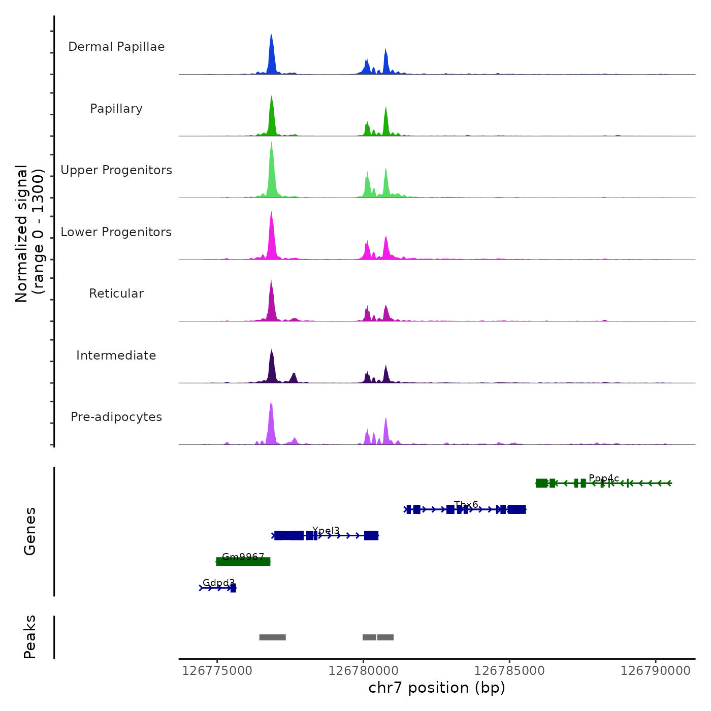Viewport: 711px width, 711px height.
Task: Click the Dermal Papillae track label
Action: pyautogui.click(x=116, y=47)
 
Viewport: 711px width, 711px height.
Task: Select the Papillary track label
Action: pyautogui.click(x=116, y=109)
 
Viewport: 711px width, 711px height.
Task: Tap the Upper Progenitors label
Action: pyautogui.click(x=116, y=170)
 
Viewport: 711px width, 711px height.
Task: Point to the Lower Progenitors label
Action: pyautogui.click(x=116, y=232)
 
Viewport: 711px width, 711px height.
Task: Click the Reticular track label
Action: pyautogui.click(x=116, y=294)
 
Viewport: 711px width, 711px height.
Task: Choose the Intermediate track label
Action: pyautogui.click(x=116, y=355)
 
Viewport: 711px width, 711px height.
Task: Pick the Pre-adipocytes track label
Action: pyautogui.click(x=116, y=417)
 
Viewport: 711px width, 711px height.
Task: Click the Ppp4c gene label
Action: pyautogui.click(x=604, y=478)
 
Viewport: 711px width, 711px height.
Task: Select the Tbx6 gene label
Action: pyautogui.click(x=466, y=505)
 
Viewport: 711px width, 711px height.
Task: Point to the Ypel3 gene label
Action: pyautogui.click(x=326, y=531)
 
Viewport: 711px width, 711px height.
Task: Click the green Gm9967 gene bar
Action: pyautogui.click(x=243, y=562)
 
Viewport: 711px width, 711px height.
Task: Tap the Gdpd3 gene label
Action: pyautogui.click(x=218, y=583)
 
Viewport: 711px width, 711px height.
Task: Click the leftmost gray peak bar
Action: pyautogui.click(x=273, y=637)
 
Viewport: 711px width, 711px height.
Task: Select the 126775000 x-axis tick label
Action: pyautogui.click(x=217, y=671)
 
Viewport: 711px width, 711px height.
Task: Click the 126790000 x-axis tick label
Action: pyautogui.click(x=655, y=671)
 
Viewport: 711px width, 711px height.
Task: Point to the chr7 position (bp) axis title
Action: pyautogui.click(x=437, y=688)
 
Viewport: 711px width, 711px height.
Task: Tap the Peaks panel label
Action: pyautogui.click(x=30, y=637)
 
